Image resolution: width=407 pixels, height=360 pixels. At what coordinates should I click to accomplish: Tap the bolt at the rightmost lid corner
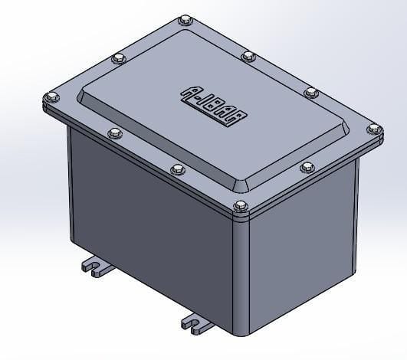pos(376,129)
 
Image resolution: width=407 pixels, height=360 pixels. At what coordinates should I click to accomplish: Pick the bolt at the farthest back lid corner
pos(185,20)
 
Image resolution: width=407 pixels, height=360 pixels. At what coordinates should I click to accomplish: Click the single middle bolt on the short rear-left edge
pos(118,57)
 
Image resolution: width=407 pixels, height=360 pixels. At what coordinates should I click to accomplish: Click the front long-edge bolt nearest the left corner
pos(114,133)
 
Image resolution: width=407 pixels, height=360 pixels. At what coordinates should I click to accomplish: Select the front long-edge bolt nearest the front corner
pos(177,169)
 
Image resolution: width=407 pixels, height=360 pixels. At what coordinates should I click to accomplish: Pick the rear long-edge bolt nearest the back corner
pos(248,56)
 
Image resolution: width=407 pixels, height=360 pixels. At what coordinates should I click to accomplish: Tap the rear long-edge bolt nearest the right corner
pos(311,92)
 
